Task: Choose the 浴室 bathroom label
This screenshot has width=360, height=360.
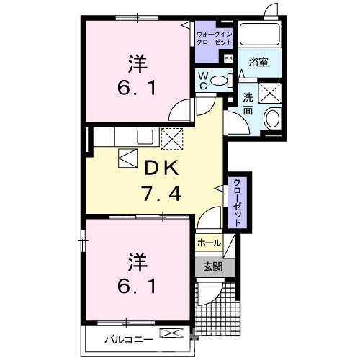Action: click(258, 62)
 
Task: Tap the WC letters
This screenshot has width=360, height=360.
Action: click(203, 80)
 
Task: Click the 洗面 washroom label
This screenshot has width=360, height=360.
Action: click(248, 104)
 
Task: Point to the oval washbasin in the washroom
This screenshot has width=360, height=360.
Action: click(272, 119)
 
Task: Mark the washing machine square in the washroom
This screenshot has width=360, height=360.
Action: click(271, 92)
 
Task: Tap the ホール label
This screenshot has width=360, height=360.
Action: click(208, 243)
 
